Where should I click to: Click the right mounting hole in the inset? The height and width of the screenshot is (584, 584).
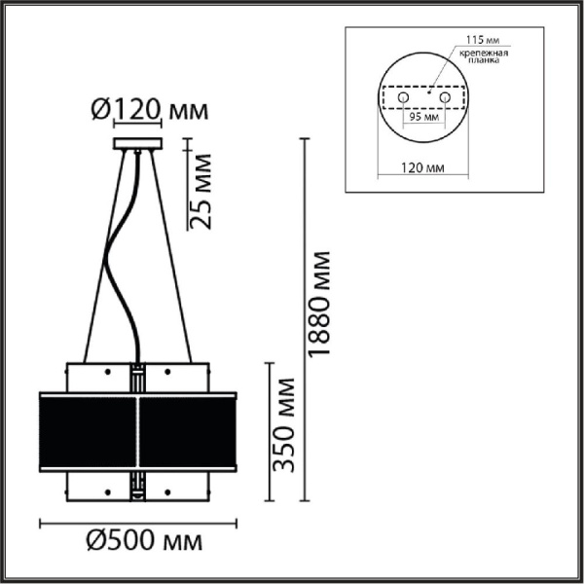[446, 99]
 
